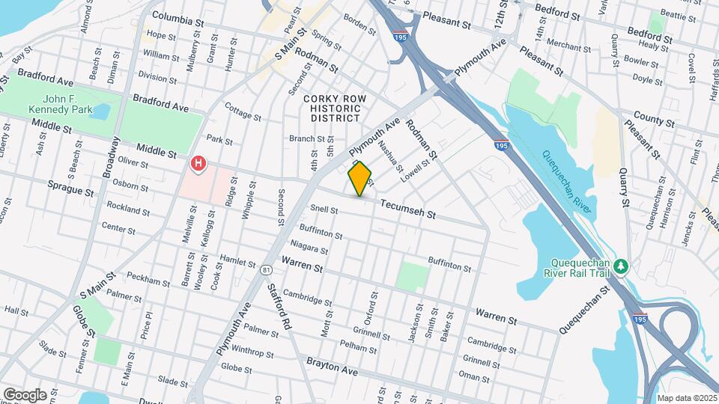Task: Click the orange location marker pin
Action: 360,178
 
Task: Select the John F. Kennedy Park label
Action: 67,104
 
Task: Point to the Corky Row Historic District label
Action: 332,108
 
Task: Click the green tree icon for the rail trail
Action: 620,266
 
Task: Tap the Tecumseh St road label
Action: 407,209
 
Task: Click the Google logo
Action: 24,394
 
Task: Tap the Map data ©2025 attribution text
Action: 687,398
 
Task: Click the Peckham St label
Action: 148,280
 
